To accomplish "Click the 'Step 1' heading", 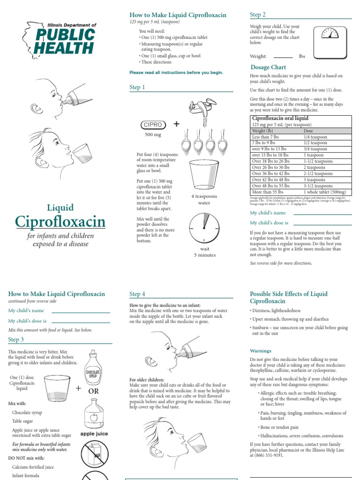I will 137,87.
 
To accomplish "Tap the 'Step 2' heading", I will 258,15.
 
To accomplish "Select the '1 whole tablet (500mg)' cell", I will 325,192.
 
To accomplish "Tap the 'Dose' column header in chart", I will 308,131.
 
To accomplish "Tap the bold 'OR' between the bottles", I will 93,390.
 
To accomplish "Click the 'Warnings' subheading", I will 260,351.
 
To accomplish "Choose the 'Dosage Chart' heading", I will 268,67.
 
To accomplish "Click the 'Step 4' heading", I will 137,294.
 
